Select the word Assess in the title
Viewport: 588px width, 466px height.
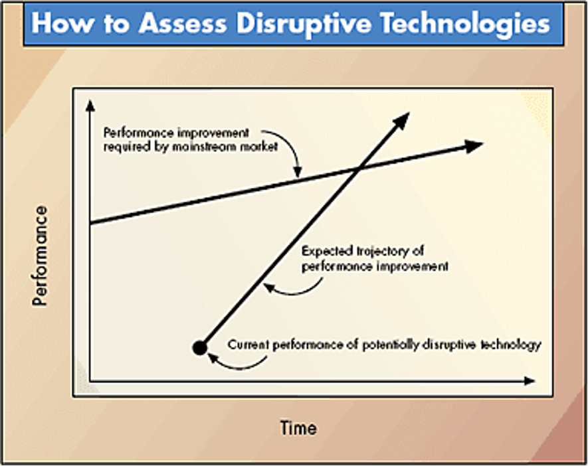click(183, 23)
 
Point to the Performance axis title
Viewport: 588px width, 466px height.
click(39, 256)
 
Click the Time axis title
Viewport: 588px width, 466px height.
click(298, 427)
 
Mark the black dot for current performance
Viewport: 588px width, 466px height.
click(200, 348)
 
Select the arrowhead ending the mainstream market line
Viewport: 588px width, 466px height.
click(473, 145)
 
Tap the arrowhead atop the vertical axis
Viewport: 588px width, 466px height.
click(90, 106)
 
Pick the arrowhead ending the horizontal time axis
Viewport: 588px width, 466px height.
click(529, 381)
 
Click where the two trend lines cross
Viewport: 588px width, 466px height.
click(358, 170)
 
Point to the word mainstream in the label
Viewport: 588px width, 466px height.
click(203, 147)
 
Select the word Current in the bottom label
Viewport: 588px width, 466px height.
click(248, 345)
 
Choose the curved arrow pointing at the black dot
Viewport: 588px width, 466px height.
click(237, 362)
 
